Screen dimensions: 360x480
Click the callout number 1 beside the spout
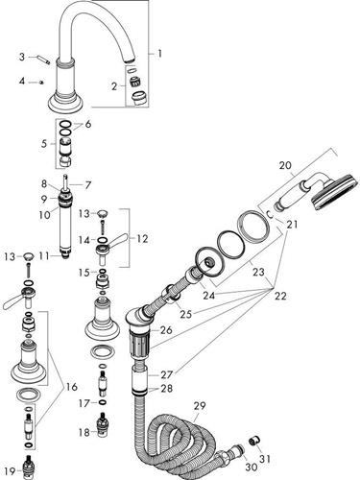159,53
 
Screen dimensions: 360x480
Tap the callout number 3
22,57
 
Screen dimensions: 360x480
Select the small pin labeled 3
44,60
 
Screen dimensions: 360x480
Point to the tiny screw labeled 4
41,83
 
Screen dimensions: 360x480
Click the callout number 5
44,144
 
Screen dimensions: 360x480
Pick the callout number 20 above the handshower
285,165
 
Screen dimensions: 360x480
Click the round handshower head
333,192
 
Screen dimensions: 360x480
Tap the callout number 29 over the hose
200,407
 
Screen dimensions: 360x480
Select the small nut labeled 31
255,442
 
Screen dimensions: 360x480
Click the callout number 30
252,467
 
